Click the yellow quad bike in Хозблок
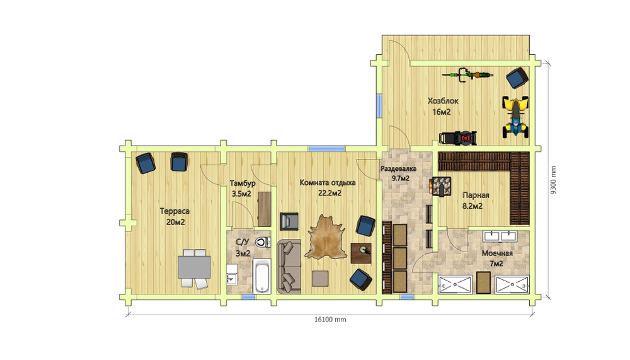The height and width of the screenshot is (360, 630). [x=515, y=117]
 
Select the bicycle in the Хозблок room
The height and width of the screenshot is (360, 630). [x=467, y=74]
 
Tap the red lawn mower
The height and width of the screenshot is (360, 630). [x=458, y=138]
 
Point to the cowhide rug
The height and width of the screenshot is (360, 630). [x=326, y=237]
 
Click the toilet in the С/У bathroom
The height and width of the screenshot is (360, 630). [x=262, y=242]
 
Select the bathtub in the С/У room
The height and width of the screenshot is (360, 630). [x=262, y=276]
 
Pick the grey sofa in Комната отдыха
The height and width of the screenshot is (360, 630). [x=289, y=267]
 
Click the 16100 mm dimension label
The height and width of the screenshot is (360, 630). [x=330, y=320]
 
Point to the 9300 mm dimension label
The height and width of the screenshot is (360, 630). [x=553, y=180]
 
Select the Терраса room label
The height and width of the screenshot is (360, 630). [x=175, y=211]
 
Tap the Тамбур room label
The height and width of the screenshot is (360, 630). [x=243, y=183]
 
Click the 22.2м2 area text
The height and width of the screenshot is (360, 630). [x=330, y=193]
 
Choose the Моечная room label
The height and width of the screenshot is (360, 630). [x=497, y=253]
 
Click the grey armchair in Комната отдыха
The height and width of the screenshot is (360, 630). [x=289, y=221]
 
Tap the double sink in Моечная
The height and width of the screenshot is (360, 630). [x=500, y=236]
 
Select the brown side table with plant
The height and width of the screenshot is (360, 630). [x=361, y=253]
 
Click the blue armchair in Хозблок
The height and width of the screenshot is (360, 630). [x=517, y=78]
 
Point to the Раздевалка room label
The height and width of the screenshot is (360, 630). [x=399, y=169]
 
